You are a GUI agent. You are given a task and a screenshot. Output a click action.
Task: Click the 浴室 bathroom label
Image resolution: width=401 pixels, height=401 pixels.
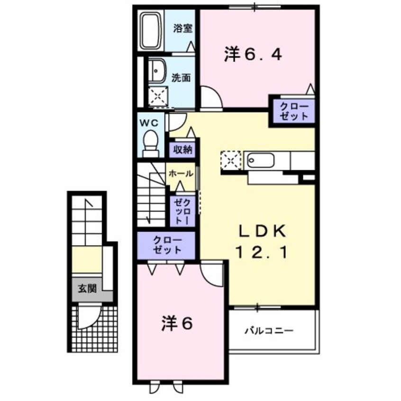coord(182,28)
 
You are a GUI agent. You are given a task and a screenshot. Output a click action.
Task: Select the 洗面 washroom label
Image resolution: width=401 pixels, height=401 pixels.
coord(181,77)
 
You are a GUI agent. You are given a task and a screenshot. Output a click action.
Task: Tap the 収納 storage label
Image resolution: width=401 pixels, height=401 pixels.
coord(182,150)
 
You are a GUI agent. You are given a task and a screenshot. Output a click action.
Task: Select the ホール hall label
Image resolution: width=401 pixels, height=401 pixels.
coord(181,173)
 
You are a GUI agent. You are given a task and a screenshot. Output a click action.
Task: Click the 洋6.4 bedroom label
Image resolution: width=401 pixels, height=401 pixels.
coord(253,55)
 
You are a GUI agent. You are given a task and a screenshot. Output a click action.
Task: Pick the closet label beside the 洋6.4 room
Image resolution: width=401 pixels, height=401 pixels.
coord(293,111)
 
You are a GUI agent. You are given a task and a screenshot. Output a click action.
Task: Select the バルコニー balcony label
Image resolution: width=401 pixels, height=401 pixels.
coord(269,330)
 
